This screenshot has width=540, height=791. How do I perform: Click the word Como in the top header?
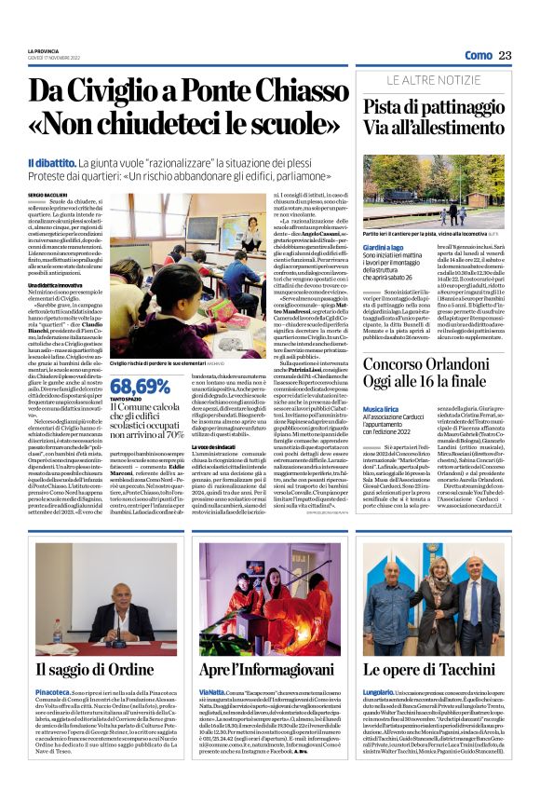[x=478, y=56]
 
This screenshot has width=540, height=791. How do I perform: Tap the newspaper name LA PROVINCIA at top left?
[x=43, y=50]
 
